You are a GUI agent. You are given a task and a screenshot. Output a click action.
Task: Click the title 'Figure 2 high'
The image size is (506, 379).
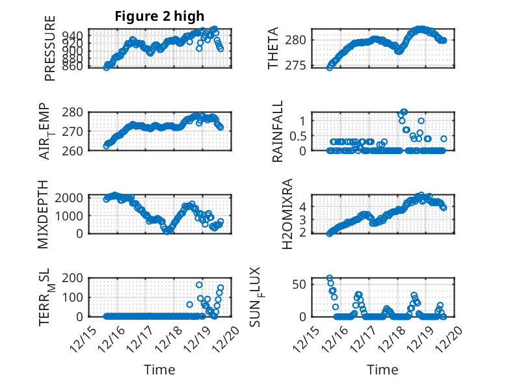[159, 16]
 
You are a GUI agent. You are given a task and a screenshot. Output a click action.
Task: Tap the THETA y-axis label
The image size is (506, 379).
[273, 49]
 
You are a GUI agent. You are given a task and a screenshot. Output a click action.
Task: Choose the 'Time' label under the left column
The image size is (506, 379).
[159, 370]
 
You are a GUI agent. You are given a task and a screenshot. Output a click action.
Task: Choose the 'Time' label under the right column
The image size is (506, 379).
[383, 370]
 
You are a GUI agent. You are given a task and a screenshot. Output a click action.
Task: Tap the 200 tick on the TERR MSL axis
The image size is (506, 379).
[75, 278]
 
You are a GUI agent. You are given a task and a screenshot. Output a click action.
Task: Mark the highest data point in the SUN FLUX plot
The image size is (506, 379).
[330, 278]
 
